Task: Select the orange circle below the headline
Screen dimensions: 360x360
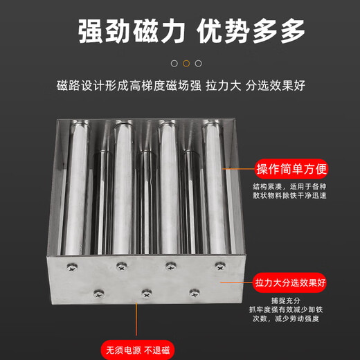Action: coord(186,63)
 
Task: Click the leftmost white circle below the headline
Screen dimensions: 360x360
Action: coord(174,63)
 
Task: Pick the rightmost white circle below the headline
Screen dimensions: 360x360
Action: coord(199,63)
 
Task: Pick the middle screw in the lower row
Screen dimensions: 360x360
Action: coord(146,294)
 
